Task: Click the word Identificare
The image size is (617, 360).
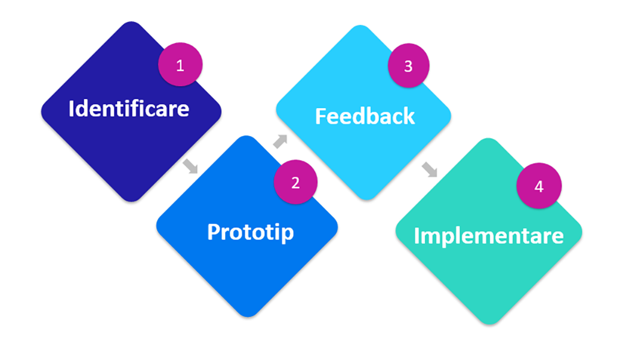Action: (x=129, y=109)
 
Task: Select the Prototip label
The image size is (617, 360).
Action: (x=250, y=232)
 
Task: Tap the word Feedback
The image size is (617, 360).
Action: (x=365, y=116)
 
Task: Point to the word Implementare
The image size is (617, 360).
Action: (x=489, y=235)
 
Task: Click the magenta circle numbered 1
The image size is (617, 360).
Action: (x=180, y=65)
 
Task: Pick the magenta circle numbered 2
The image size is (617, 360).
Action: (x=295, y=183)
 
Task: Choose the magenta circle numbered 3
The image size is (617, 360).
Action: (x=408, y=66)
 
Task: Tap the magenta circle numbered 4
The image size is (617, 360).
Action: (x=539, y=186)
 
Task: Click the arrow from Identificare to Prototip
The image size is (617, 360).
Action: (x=190, y=166)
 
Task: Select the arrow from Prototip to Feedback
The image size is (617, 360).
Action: (x=280, y=141)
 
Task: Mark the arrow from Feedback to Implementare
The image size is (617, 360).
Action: (x=430, y=169)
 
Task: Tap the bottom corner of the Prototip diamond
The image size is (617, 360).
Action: (x=247, y=315)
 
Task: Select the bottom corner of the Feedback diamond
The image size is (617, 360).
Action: (x=364, y=198)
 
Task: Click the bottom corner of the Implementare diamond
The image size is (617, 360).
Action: (x=489, y=323)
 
